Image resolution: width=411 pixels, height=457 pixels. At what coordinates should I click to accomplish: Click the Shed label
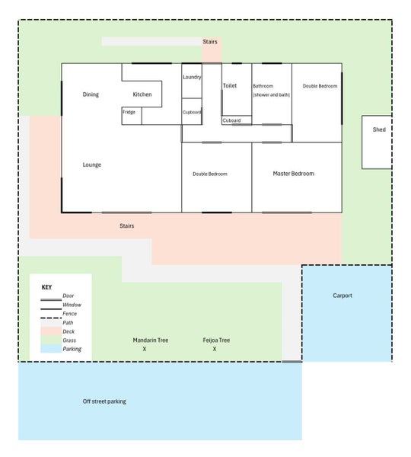379,129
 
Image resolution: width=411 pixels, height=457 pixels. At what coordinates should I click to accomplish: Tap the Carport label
342,296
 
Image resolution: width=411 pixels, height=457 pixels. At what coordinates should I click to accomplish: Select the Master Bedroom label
293,174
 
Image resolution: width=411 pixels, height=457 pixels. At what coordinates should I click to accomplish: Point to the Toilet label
230,86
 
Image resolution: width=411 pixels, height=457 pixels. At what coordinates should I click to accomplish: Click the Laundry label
192,77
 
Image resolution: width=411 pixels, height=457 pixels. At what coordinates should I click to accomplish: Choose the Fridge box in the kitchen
129,112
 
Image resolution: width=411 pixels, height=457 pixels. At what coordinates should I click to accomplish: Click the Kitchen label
142,94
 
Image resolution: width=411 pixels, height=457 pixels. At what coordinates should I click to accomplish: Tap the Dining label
91,94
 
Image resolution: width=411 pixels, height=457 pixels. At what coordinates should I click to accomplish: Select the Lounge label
92,165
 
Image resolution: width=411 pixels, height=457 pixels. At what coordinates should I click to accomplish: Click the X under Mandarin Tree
144,349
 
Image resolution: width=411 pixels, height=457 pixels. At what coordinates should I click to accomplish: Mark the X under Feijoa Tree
215,349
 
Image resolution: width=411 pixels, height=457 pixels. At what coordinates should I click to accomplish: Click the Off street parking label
104,401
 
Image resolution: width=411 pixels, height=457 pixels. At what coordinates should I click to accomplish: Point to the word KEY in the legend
46,287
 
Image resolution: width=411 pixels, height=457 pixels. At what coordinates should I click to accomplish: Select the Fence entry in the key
69,313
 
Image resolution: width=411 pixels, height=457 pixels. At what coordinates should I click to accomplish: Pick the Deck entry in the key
69,331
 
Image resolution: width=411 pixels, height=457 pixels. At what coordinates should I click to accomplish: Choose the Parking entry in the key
72,349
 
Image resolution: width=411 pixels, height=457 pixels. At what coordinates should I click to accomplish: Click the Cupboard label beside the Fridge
192,112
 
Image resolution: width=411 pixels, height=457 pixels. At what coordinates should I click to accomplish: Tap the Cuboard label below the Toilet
231,120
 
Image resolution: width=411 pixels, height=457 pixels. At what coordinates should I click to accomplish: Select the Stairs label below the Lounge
127,226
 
